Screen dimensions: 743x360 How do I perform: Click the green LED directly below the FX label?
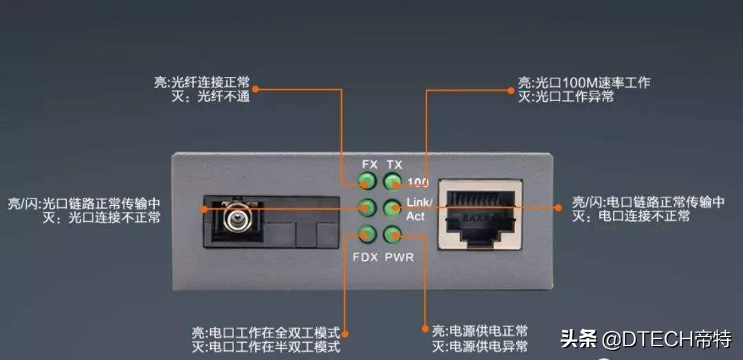(367, 181)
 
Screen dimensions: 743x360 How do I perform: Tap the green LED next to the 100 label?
(391, 181)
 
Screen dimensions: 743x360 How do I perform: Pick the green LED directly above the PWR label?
(391, 234)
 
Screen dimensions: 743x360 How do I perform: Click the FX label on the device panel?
(369, 165)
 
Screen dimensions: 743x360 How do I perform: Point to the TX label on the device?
(394, 165)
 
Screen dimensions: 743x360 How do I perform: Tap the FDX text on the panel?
(365, 257)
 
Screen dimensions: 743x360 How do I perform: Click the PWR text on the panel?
(399, 257)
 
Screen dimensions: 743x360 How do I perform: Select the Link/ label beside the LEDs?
(419, 203)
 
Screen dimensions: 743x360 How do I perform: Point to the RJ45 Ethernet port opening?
(480, 213)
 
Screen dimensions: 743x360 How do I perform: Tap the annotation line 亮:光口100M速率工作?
(584, 82)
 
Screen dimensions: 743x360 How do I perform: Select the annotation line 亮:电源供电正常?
(480, 330)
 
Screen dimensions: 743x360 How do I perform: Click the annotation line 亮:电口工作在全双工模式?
(266, 331)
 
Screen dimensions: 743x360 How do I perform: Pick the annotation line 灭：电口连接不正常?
(631, 217)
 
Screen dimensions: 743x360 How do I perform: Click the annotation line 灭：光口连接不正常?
(101, 218)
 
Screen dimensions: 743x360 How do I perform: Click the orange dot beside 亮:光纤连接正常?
(255, 89)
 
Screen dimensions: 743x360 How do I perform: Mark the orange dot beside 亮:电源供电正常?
(425, 328)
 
